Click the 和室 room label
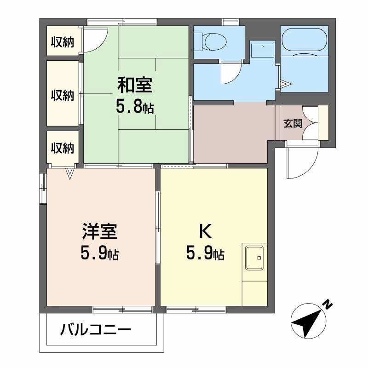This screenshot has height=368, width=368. coord(135,85)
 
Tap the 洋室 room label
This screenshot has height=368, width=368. coord(99,231)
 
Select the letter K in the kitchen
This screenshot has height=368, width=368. coord(205,231)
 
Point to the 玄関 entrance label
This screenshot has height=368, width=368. coord(293,123)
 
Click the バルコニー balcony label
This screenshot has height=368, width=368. coord(96,330)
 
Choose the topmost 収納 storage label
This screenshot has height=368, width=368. coord(63,42)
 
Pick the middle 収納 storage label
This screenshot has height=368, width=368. coord(63,95)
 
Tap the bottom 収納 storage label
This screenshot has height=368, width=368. coord(63,148)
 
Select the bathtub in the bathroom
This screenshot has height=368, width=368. coord(305,40)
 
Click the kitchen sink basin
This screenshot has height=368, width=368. coord(254,258)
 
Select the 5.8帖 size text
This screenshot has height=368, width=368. coord(135,108)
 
